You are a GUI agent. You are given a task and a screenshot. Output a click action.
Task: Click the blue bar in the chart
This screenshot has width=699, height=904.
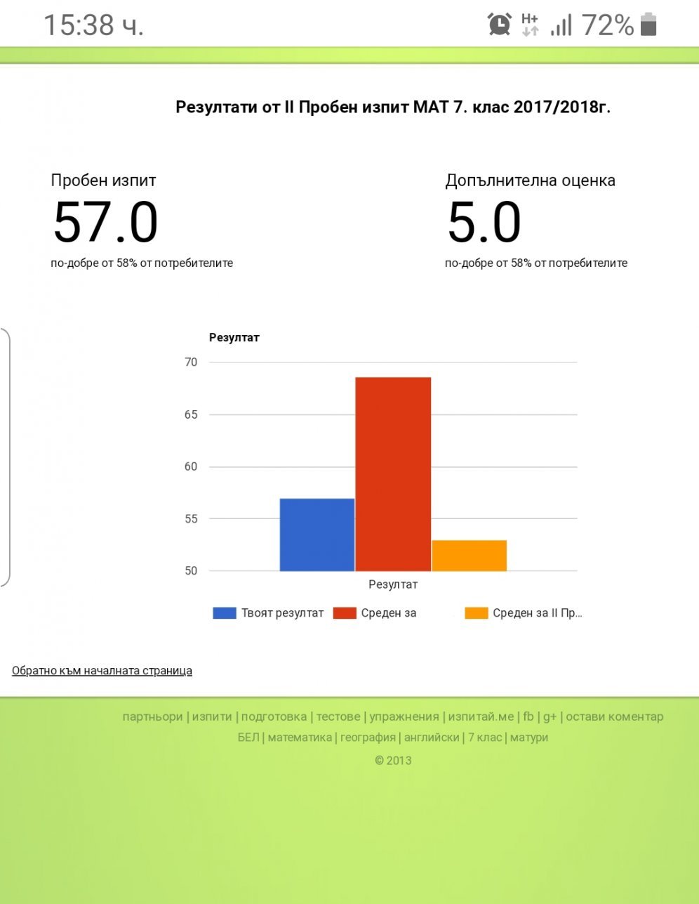tap(317, 535)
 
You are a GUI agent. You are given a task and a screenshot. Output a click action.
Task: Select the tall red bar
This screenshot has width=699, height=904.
tap(393, 474)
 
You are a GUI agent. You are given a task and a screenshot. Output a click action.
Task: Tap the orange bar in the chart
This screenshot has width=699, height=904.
tap(469, 556)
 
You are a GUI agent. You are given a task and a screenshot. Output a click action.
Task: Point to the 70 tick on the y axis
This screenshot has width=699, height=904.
tap(192, 362)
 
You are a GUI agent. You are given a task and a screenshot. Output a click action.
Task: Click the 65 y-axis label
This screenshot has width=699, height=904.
tap(192, 414)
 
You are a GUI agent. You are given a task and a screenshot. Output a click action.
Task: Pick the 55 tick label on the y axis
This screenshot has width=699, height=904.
tap(192, 519)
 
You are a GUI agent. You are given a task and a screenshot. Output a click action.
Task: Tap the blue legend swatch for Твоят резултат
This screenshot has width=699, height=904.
tap(224, 613)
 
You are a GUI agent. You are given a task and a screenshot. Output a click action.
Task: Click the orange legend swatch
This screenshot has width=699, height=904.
tap(476, 613)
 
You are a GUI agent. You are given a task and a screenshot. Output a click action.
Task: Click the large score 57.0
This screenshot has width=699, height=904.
tap(105, 223)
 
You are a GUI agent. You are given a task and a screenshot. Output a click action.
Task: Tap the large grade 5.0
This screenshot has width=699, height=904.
tap(484, 223)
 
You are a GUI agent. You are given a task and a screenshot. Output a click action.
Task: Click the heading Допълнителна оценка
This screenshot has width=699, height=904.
tap(530, 181)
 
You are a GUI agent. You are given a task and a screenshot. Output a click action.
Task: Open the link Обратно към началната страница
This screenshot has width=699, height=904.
tap(102, 671)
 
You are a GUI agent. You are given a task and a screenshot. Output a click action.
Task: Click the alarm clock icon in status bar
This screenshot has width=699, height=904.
tap(500, 25)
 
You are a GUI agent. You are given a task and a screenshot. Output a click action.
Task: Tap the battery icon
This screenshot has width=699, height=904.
tap(648, 25)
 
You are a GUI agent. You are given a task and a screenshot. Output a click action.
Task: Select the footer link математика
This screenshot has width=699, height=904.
tap(300, 738)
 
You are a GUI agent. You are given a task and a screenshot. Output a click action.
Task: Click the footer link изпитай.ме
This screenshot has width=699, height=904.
tap(481, 717)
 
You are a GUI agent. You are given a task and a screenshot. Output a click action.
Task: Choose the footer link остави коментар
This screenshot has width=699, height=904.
tap(614, 717)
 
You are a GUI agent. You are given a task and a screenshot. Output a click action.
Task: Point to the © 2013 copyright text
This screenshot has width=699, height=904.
tap(393, 760)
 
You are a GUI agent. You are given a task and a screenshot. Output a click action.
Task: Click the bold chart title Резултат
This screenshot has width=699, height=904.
tap(234, 338)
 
